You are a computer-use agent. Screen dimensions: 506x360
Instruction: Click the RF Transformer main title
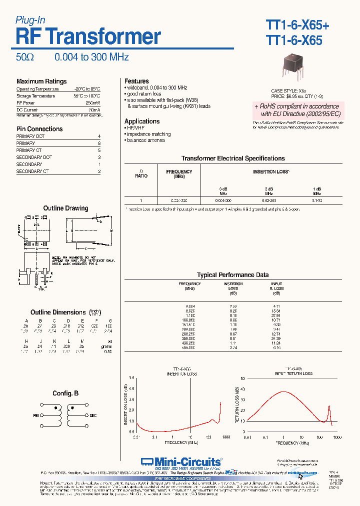(88, 37)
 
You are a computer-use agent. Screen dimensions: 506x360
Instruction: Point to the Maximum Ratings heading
(41, 81)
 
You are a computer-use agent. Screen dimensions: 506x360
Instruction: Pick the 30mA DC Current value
(94, 110)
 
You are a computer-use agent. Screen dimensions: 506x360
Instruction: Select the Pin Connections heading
(39, 129)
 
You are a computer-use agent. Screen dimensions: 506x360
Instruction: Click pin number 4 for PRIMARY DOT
(99, 136)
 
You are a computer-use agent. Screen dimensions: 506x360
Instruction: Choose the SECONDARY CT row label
(32, 171)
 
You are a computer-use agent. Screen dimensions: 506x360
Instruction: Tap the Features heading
(136, 81)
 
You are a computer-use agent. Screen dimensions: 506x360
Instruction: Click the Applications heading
(142, 121)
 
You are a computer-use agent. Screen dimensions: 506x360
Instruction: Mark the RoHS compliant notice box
(296, 110)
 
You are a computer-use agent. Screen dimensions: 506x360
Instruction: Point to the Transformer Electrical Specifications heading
(233, 158)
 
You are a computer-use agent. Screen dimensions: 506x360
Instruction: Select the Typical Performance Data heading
(232, 275)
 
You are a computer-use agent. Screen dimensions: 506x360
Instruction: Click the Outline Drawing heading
(65, 208)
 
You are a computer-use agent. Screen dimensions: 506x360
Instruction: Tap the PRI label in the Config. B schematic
(36, 415)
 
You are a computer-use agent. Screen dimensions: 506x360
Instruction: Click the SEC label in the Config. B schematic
(93, 415)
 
